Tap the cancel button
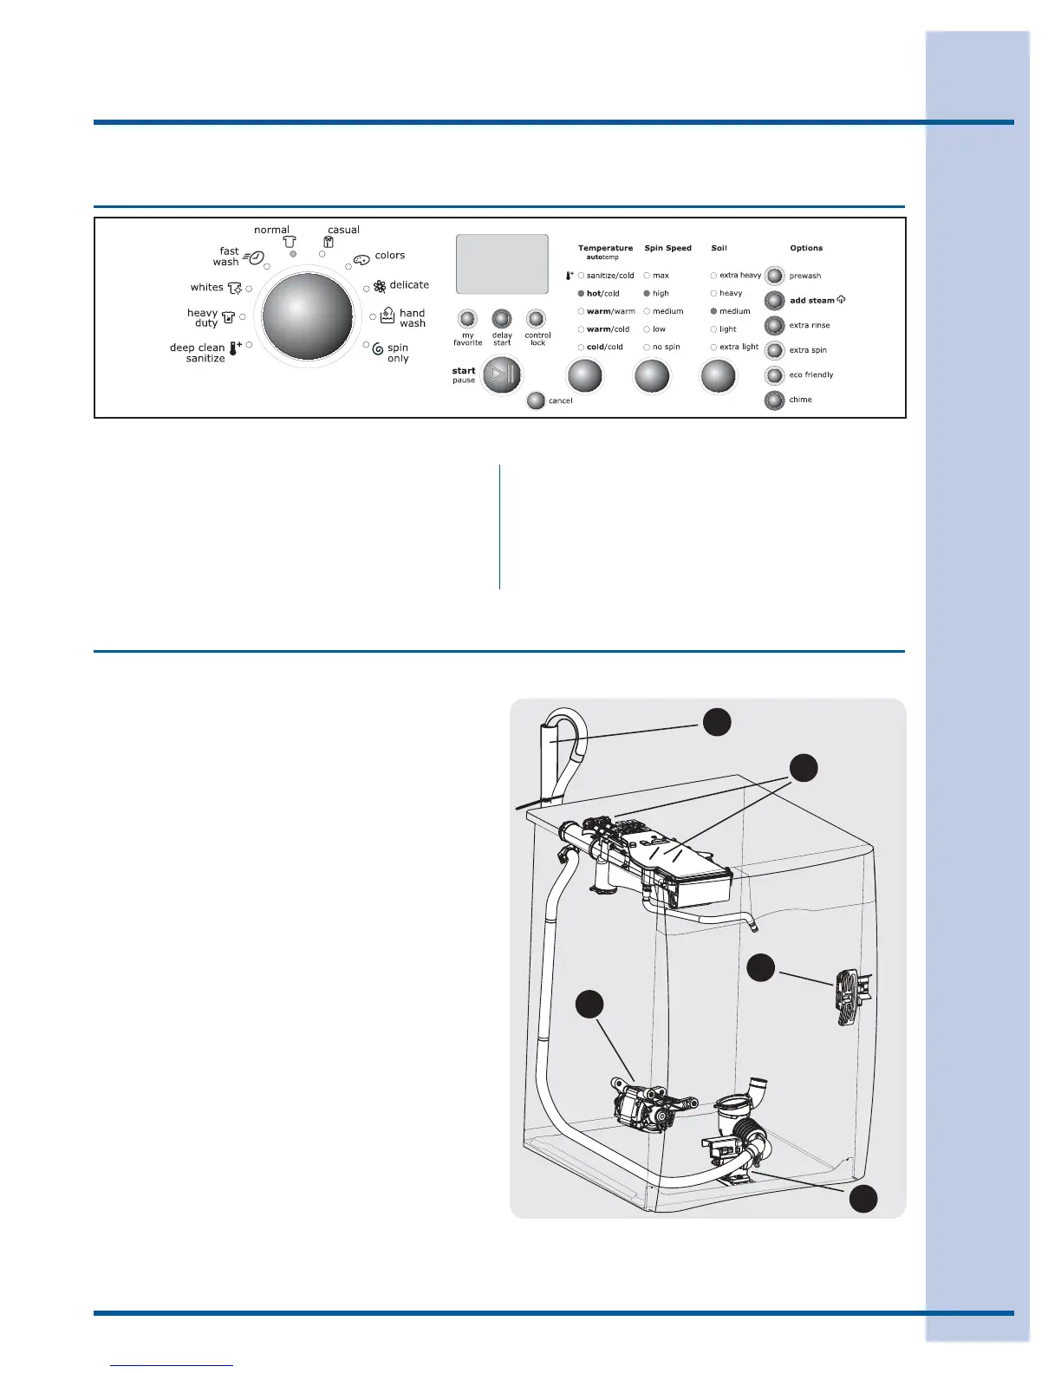tap(537, 400)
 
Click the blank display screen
tap(502, 264)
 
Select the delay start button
tap(502, 319)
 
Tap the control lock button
tap(537, 319)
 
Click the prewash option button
tap(775, 276)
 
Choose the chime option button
tap(775, 400)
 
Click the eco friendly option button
tap(775, 375)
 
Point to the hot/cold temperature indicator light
tap(581, 294)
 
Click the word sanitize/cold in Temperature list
tap(610, 276)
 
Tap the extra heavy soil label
tap(740, 276)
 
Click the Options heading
tap(806, 248)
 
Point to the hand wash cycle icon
tap(387, 316)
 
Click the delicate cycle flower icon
tap(380, 287)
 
